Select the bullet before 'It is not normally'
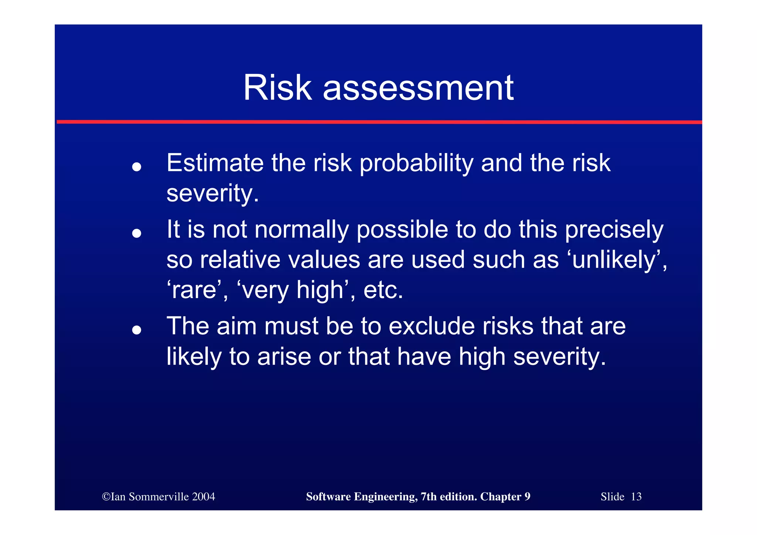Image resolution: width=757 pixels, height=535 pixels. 137,233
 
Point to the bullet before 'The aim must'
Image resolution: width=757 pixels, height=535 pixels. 137,330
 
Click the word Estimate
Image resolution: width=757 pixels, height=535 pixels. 215,163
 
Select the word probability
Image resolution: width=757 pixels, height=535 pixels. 416,163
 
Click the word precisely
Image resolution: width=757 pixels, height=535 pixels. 614,230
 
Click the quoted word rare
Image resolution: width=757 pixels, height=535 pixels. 194,290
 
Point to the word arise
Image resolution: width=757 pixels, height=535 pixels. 284,357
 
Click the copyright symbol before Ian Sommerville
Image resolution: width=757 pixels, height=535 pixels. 106,497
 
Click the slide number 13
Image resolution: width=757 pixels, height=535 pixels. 636,497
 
